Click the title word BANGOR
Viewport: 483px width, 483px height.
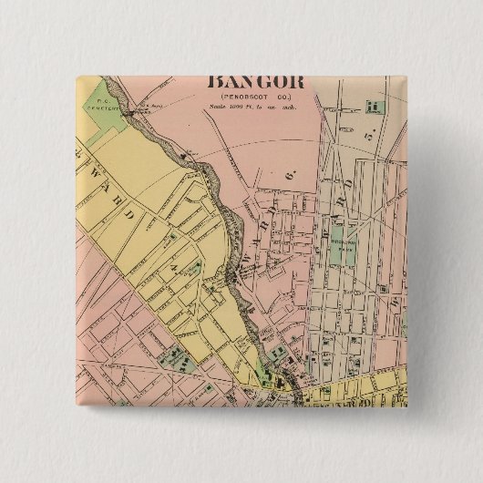coord(259,83)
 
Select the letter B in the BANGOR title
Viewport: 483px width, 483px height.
coord(219,83)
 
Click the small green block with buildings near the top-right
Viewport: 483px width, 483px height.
coord(372,106)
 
